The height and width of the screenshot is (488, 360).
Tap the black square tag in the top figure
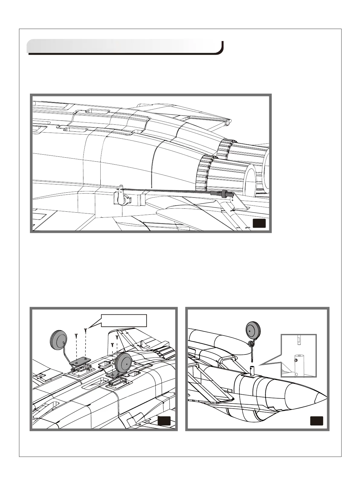pyautogui.click(x=259, y=223)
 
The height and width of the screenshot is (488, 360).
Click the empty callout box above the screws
pyautogui.click(x=124, y=320)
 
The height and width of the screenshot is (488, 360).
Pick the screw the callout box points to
pyautogui.click(x=86, y=331)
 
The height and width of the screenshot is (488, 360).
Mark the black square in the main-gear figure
pyautogui.click(x=164, y=421)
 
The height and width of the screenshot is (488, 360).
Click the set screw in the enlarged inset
pyautogui.click(x=296, y=360)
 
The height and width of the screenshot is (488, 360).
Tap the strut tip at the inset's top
pyautogui.click(x=298, y=340)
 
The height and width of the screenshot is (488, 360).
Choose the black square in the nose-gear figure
pyautogui.click(x=316, y=421)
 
